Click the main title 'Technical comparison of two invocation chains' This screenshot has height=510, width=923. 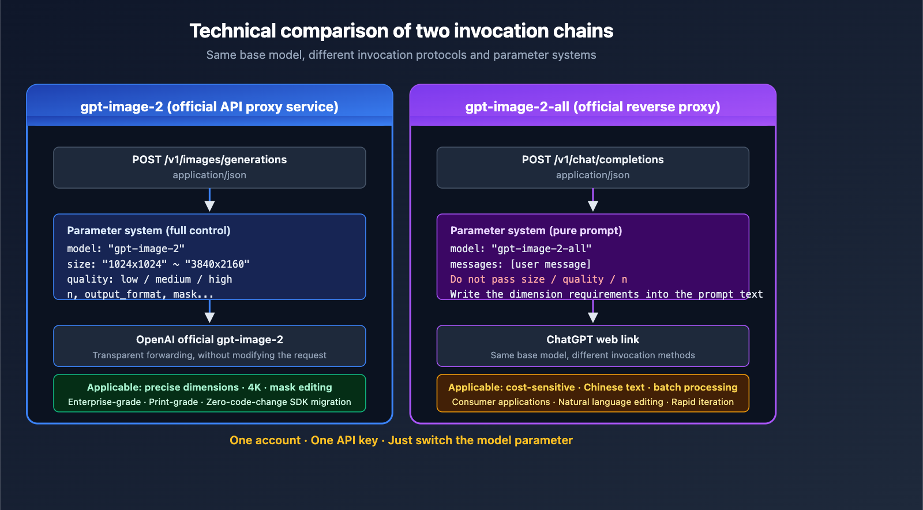tap(401, 31)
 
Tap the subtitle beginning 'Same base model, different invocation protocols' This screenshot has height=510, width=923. tap(401, 55)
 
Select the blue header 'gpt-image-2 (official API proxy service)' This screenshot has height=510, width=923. tap(209, 107)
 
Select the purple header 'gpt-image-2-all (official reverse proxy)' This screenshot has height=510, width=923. tap(592, 107)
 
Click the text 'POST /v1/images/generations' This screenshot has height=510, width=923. tap(209, 160)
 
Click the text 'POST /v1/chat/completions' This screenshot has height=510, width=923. tap(592, 160)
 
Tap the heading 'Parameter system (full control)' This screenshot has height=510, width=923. tap(149, 231)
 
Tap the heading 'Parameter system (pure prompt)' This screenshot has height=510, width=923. tap(536, 231)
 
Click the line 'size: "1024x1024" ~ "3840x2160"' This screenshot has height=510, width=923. tap(158, 264)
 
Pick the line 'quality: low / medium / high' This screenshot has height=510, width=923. tap(149, 279)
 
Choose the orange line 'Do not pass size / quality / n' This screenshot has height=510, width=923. tap(538, 279)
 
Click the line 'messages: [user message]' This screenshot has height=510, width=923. tap(520, 264)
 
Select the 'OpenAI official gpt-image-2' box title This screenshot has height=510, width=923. tap(209, 340)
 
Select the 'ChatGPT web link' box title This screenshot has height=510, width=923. tap(592, 340)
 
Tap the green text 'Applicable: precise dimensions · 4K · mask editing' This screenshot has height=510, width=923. tap(209, 387)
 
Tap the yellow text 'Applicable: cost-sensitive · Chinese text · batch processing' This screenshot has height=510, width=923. tap(592, 387)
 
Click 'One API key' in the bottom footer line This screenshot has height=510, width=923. tap(344, 440)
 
